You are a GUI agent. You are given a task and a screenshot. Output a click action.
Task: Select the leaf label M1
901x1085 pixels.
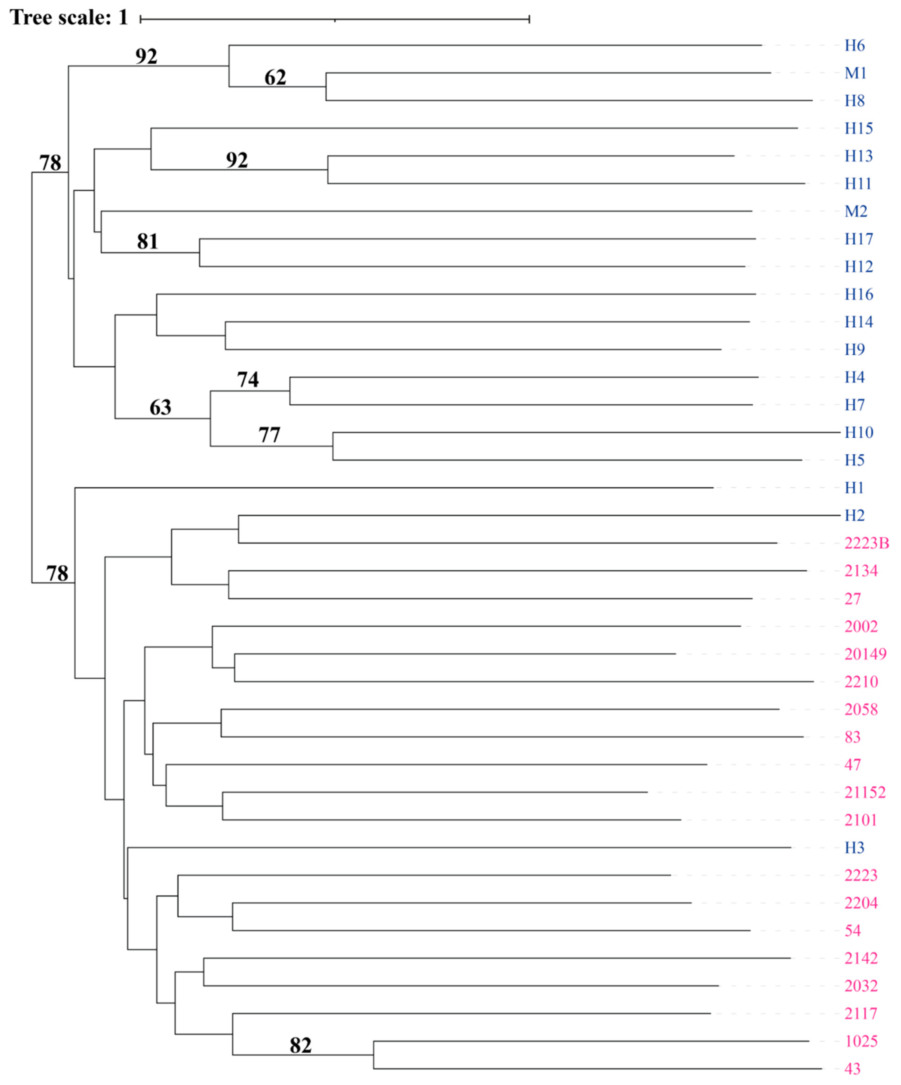(855, 73)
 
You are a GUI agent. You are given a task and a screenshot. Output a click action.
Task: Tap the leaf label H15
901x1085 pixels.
(858, 128)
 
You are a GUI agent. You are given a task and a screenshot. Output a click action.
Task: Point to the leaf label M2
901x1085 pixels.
(855, 211)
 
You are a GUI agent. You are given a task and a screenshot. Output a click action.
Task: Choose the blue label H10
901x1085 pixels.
(858, 432)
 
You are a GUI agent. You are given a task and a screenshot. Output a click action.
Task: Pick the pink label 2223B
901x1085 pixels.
(866, 543)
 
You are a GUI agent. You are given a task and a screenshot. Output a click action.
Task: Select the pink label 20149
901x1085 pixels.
(865, 654)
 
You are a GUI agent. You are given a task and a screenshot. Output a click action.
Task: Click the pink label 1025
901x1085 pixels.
(861, 1041)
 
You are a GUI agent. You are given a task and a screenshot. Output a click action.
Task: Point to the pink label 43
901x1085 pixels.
(852, 1068)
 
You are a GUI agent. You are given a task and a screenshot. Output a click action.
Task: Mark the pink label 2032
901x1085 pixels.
(861, 986)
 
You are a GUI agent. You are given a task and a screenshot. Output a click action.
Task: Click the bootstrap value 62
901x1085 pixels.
(275, 77)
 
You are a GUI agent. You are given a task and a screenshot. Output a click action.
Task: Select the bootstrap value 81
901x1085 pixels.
(147, 241)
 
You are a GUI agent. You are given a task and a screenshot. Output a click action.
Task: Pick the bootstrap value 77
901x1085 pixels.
(269, 435)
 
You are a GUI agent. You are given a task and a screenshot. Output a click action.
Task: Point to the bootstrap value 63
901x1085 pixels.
(160, 408)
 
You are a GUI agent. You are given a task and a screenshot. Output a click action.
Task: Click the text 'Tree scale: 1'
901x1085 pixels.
(69, 18)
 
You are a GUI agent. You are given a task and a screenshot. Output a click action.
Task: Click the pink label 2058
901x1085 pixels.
(861, 710)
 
